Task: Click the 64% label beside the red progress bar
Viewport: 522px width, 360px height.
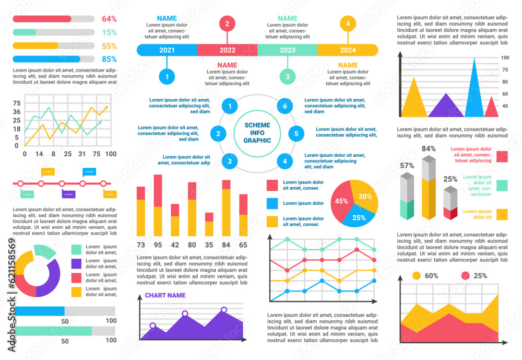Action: click(109, 19)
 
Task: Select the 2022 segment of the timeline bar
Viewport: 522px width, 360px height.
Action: click(227, 50)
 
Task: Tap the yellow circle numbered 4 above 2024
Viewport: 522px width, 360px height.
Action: click(348, 24)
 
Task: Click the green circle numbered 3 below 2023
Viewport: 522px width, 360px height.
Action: click(287, 77)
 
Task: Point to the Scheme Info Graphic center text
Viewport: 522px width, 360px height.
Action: click(257, 133)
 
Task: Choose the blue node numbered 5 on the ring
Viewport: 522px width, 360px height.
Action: click(296, 134)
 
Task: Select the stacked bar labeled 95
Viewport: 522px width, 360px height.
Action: click(158, 205)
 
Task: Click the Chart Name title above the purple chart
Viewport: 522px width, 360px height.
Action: click(165, 295)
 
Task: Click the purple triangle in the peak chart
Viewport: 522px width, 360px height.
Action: click(446, 107)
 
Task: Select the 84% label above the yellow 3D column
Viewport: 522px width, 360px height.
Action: click(429, 148)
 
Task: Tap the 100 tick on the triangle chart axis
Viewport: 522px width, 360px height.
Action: click(505, 57)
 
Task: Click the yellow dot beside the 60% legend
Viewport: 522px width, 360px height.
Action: click(417, 275)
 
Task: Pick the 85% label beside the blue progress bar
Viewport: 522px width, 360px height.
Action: click(109, 59)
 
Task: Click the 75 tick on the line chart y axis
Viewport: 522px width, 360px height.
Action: click(16, 103)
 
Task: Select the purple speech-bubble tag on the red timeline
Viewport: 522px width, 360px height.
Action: click(68, 194)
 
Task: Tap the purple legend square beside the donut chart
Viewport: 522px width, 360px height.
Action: click(76, 263)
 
